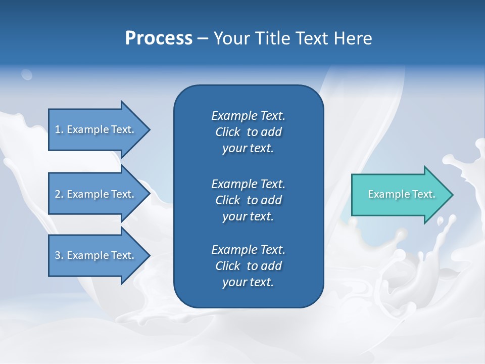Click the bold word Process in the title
click(159, 38)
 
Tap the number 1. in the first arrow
click(59, 129)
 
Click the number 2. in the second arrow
click(59, 194)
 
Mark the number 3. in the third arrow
click(59, 255)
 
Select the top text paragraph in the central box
click(248, 132)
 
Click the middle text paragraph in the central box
click(248, 200)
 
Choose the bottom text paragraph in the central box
click(248, 266)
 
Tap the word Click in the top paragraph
click(227, 132)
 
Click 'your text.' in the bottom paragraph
click(248, 282)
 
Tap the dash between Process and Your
click(203, 39)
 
